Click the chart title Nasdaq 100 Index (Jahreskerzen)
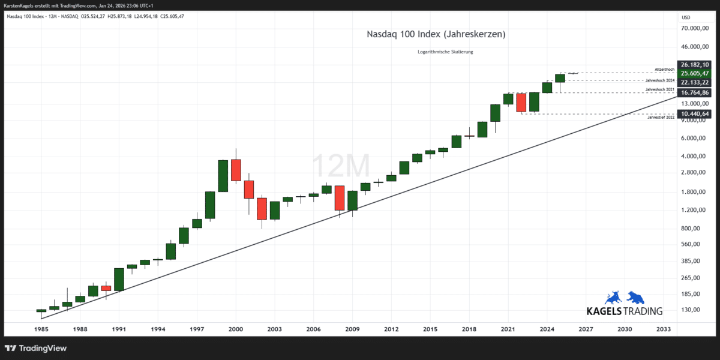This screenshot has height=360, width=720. [436, 35]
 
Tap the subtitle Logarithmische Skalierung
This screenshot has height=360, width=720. [445, 52]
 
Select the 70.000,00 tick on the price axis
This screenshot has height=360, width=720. [696, 28]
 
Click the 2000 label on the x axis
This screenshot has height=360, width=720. [236, 329]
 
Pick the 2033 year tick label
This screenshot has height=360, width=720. [664, 329]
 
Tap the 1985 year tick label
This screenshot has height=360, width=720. [41, 329]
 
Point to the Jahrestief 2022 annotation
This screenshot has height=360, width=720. [661, 118]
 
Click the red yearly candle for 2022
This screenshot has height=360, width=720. [521, 103]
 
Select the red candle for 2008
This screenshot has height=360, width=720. [339, 198]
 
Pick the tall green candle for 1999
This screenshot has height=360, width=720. [223, 176]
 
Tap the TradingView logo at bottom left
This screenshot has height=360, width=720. [36, 348]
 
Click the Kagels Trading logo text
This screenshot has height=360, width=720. [625, 311]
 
